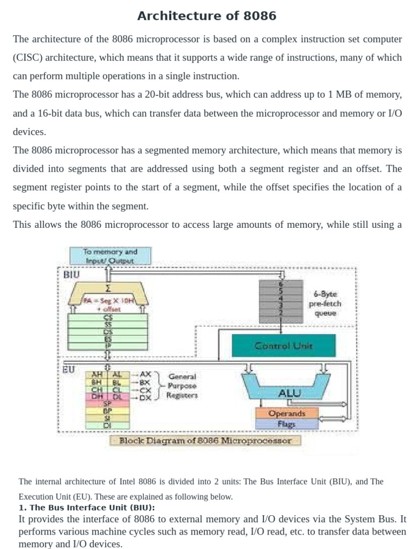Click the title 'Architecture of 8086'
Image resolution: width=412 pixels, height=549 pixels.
pyautogui.click(x=207, y=16)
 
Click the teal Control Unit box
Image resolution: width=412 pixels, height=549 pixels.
pyautogui.click(x=283, y=346)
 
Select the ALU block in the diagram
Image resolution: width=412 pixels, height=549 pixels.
pyautogui.click(x=290, y=393)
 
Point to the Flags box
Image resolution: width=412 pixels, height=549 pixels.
pyautogui.click(x=286, y=424)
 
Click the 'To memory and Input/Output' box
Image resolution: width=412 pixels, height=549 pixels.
pyautogui.click(x=111, y=256)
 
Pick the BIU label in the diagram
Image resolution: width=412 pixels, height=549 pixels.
pyautogui.click(x=71, y=274)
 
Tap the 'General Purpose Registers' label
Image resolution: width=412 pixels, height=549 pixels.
pyautogui.click(x=182, y=385)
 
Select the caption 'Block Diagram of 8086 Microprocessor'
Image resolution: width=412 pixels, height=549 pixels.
pyautogui.click(x=205, y=441)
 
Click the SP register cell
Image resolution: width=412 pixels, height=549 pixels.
pyautogui.click(x=107, y=404)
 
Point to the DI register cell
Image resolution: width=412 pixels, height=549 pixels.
pyautogui.click(x=107, y=425)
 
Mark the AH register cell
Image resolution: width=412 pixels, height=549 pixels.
pyautogui.click(x=97, y=375)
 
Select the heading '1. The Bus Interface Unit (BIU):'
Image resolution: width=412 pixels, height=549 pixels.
pyautogui.click(x=86, y=507)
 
